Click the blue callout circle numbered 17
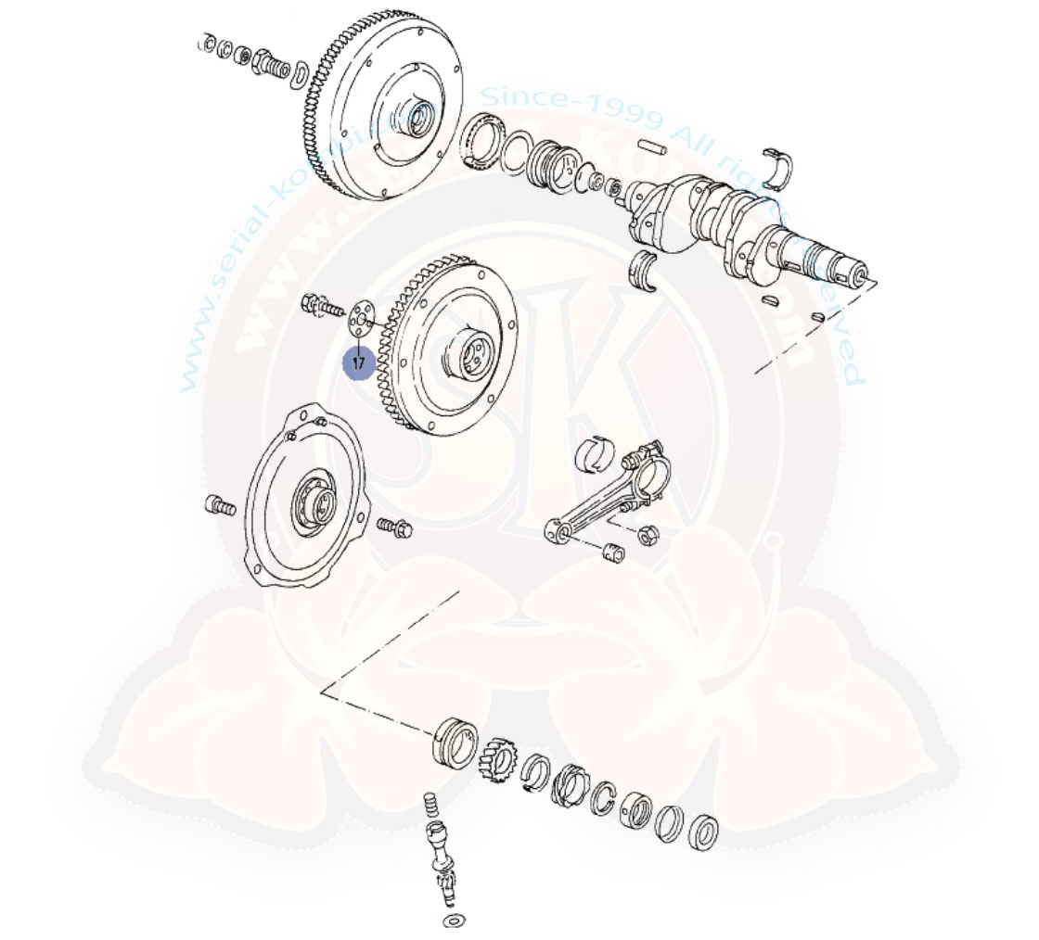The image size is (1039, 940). click(359, 363)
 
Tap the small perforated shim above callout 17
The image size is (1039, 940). click(361, 314)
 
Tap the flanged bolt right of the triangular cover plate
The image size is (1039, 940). click(394, 527)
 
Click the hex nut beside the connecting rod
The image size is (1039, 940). click(649, 534)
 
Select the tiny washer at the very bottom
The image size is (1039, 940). click(454, 921)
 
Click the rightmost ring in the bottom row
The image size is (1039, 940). click(704, 829)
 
